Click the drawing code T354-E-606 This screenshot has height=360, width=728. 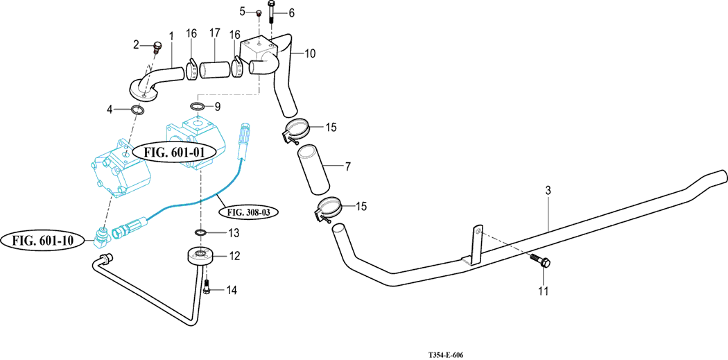point(445,355)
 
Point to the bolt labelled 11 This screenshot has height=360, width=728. point(540,262)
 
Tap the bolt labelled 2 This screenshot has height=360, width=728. point(156,47)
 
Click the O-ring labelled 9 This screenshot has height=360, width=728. point(197,107)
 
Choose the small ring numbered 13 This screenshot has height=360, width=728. point(200,232)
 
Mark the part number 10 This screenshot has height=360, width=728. point(309,53)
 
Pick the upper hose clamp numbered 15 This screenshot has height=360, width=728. point(297,130)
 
